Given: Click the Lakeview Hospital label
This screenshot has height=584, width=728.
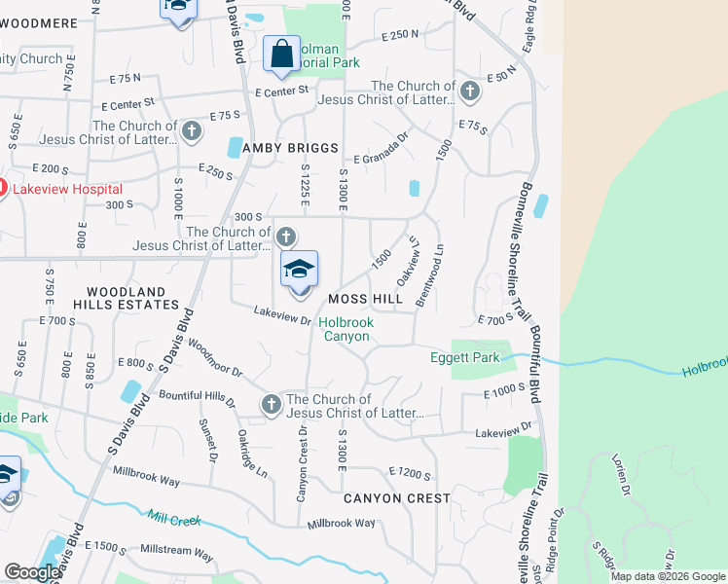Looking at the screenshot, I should [x=67, y=189].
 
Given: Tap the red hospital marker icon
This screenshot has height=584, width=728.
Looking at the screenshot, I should [x=2, y=189].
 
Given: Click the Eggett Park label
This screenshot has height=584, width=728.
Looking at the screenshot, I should [x=465, y=357].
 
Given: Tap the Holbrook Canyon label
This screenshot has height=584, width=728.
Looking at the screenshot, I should [x=346, y=329].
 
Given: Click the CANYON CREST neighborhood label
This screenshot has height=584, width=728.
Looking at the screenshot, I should [x=397, y=498].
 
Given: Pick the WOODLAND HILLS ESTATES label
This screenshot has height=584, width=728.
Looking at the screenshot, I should [x=126, y=298].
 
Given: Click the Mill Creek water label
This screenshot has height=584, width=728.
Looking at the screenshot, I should [x=174, y=518].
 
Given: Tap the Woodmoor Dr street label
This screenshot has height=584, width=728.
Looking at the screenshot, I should [x=214, y=358].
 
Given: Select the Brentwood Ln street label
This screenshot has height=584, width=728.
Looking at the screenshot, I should [x=429, y=275].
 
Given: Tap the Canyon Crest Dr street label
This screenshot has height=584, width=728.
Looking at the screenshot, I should [x=302, y=463].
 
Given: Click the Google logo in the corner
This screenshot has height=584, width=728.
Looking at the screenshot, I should [x=32, y=573].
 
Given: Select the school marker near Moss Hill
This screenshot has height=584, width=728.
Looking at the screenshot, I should [x=300, y=272].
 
